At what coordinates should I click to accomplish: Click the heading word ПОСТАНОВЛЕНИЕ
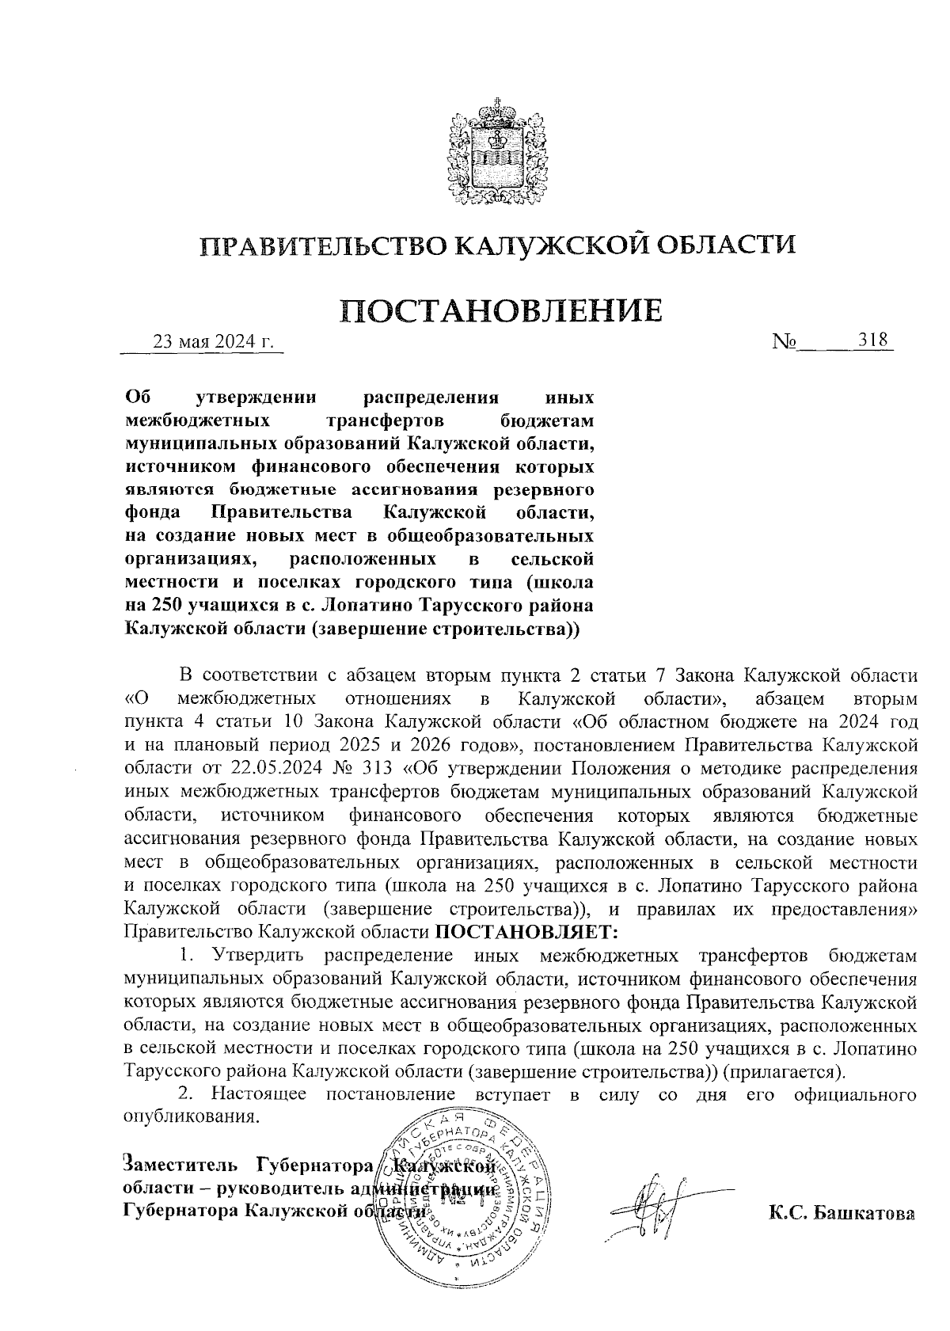click(500, 310)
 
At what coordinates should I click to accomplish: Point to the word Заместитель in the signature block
click(180, 1166)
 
